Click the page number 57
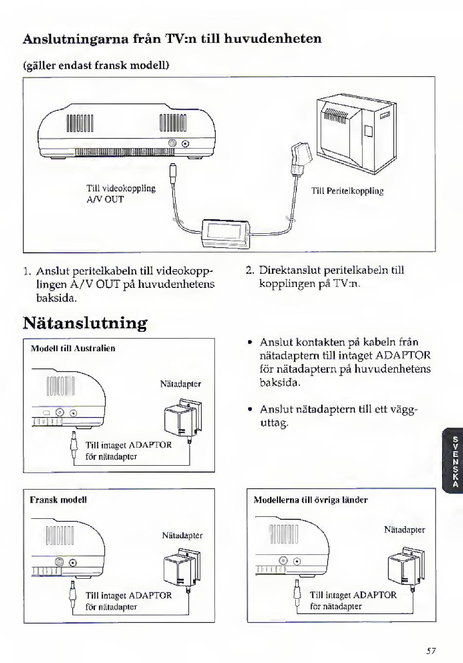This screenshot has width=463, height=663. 431,650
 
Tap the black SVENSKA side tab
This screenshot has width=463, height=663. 455,461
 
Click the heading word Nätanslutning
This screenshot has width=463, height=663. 85,323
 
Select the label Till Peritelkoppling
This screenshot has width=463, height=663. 347,191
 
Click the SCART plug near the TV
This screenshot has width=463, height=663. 299,157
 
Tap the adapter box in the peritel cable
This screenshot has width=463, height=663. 226,233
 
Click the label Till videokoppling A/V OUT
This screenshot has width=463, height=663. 121,194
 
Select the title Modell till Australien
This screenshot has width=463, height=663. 73,348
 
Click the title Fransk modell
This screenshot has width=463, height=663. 58,500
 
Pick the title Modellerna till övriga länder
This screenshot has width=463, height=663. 310,500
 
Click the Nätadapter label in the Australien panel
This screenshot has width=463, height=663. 180,384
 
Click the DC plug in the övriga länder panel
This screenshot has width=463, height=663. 296,593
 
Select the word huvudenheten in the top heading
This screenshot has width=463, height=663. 273,38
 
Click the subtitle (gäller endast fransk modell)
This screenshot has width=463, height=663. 96,65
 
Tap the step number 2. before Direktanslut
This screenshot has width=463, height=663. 251,270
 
